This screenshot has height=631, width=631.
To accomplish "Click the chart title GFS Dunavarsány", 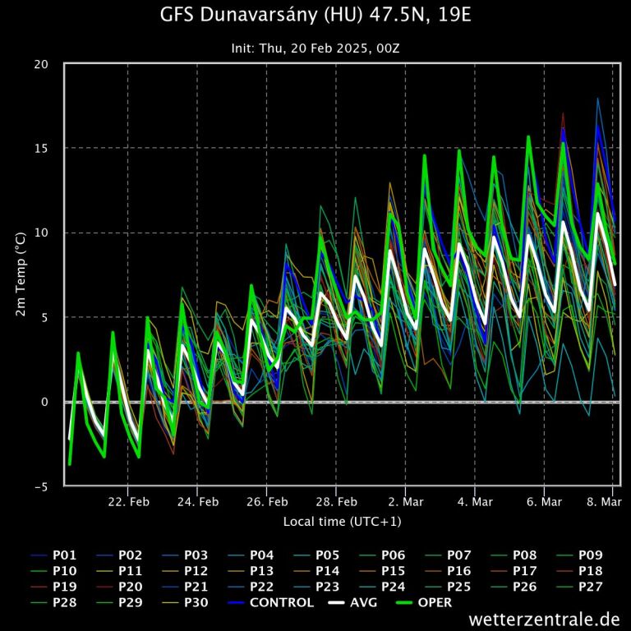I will (315, 16).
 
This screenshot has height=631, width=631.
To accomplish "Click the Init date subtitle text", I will (315, 48).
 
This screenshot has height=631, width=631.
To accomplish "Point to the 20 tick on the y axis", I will (48, 64).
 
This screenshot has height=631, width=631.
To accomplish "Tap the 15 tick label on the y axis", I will (48, 149).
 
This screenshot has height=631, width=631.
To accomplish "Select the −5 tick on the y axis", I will (47, 486).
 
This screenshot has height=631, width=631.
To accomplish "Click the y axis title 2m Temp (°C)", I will (22, 275).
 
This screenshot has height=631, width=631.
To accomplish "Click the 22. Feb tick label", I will (128, 502).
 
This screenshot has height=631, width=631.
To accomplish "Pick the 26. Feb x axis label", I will (266, 502).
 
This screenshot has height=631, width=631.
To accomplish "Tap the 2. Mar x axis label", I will (406, 502).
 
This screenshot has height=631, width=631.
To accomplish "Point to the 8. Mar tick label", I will (604, 502).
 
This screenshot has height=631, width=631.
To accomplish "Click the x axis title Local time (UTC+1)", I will (342, 521).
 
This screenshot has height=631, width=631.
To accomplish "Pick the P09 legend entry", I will (591, 555).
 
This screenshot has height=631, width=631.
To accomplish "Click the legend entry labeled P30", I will (196, 602).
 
